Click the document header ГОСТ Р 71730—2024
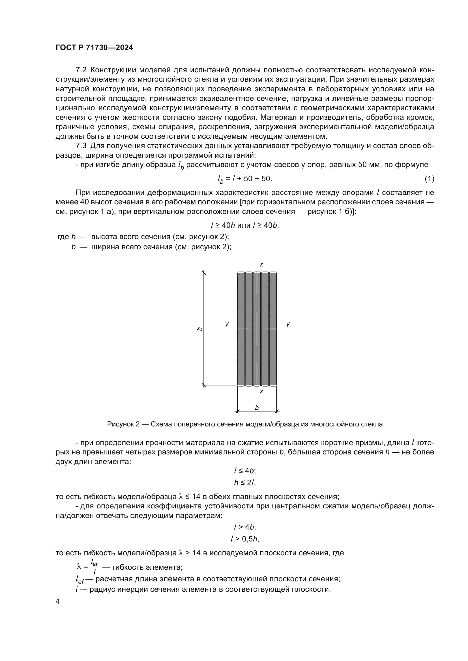94,48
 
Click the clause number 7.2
81,70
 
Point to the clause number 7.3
81,146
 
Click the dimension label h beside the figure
199,328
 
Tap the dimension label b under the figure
257,408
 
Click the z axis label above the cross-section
261,264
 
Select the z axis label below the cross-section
261,391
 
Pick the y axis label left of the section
227,324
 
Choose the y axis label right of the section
287,324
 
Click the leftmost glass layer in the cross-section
241,328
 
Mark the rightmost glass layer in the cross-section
273,328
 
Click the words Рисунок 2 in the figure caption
123,424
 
